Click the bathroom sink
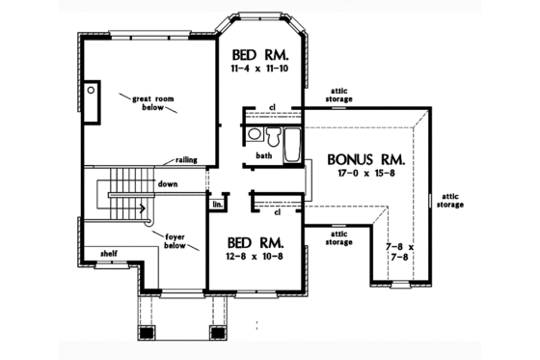point(253,134)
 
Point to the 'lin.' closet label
point(218,204)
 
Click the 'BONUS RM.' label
point(364,159)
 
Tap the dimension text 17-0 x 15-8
point(364,176)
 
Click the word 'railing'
point(188,160)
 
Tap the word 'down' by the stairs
point(168,183)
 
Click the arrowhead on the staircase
point(144,206)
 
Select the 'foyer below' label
point(175,239)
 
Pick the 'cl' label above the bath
point(274,107)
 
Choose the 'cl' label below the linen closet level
point(277,212)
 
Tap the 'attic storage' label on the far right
point(449,200)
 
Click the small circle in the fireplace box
point(92,89)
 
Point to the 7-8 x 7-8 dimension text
point(399,254)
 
